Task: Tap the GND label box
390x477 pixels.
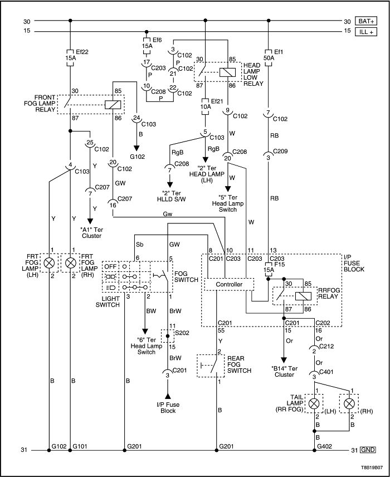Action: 367,450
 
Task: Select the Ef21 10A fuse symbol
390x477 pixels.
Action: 206,103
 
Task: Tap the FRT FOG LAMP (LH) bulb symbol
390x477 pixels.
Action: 50,262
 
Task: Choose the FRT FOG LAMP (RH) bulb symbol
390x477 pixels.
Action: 70,262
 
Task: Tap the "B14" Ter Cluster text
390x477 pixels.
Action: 285,371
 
